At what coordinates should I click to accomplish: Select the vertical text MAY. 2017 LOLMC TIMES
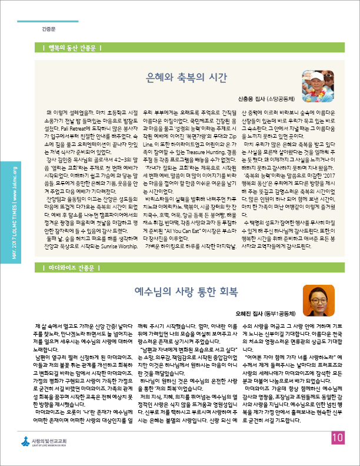point(14,206)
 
